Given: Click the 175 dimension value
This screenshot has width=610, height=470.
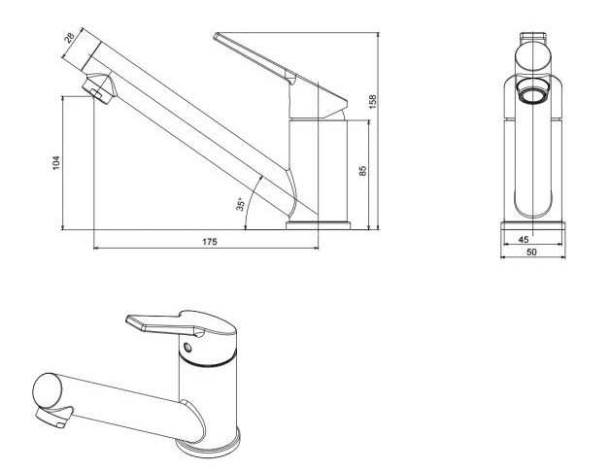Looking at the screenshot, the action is coord(209,242).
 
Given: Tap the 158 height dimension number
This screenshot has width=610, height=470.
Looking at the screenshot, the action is coord(373,101).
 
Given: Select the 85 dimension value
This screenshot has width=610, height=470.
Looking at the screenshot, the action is coord(362,171).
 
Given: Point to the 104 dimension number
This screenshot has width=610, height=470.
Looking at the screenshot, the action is coord(56,162).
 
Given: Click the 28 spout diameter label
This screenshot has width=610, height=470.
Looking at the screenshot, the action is coord(69,38).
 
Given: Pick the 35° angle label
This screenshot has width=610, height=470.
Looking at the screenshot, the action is coord(241,204).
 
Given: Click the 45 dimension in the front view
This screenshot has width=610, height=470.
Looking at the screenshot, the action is coord(524,239).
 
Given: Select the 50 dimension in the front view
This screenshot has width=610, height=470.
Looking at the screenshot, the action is coord(531,252).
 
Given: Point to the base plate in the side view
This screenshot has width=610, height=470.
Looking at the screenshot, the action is coord(319,225).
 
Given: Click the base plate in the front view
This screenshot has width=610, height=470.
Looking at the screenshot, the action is coord(532,225).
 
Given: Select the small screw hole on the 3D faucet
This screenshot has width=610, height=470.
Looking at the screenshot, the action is coord(187,347).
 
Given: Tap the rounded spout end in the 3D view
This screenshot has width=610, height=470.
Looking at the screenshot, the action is coord(47,390).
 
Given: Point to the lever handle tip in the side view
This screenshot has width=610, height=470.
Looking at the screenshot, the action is coord(217,36).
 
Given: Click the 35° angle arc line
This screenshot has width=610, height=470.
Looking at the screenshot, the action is coord(252,201).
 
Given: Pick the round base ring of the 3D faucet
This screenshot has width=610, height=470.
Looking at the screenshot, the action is coord(208,447).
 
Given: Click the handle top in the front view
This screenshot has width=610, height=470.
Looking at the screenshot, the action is coord(532,38).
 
